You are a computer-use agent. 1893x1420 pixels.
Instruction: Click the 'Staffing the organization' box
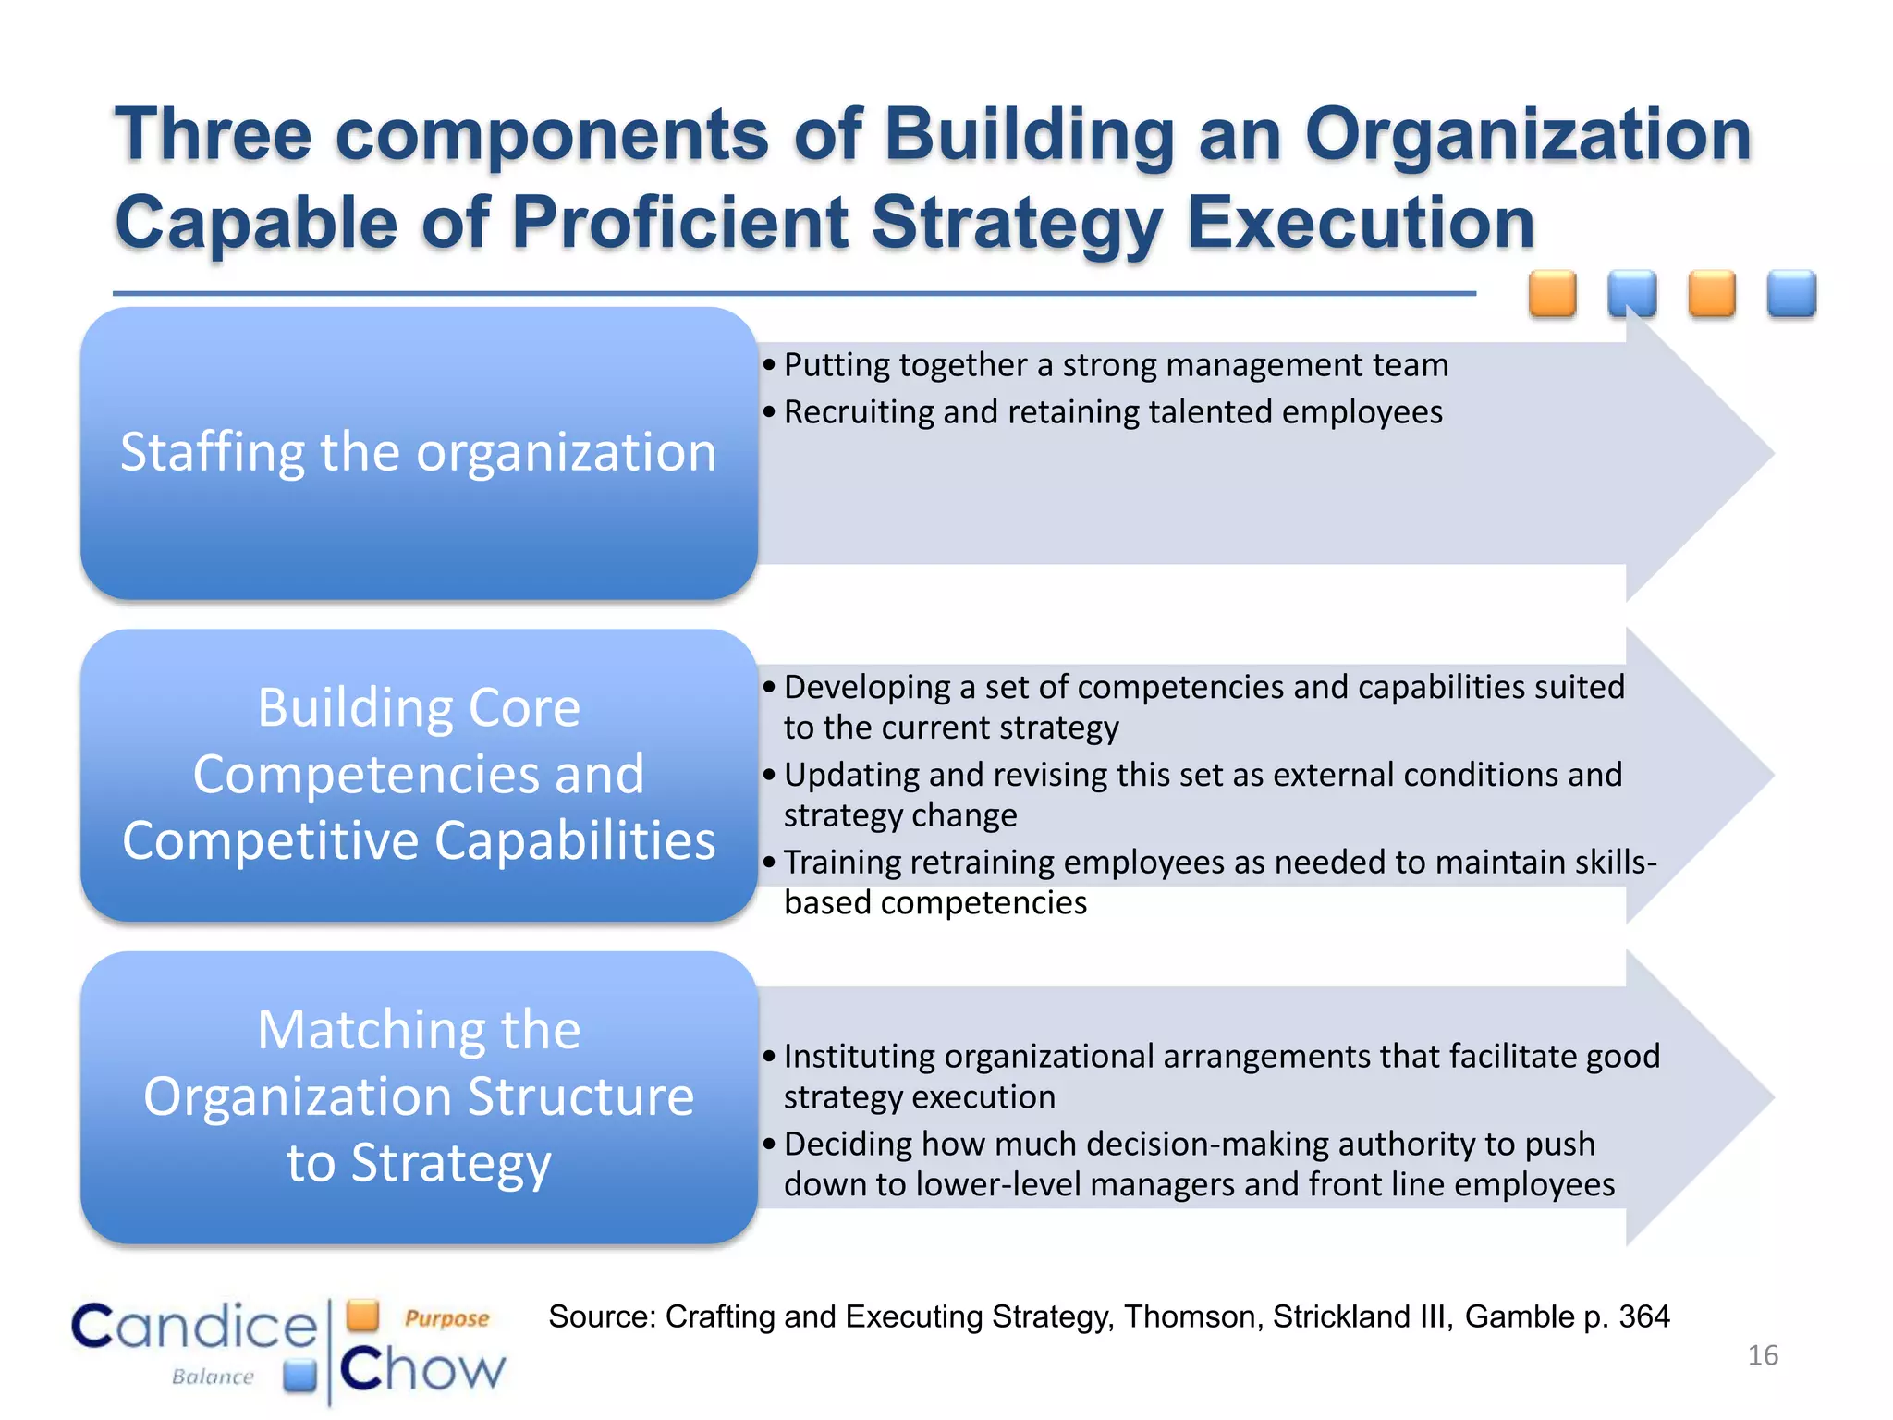click(x=419, y=453)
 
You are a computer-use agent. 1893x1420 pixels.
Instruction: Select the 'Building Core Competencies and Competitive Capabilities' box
click(x=419, y=775)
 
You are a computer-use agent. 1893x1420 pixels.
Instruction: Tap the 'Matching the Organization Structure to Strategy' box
click(x=419, y=1096)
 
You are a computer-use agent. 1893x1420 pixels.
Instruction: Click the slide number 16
click(x=1763, y=1355)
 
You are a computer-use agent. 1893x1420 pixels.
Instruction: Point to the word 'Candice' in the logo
click(x=195, y=1327)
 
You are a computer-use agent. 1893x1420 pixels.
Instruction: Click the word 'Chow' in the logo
click(x=422, y=1369)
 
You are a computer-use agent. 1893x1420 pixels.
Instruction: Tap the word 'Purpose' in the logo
click(x=446, y=1318)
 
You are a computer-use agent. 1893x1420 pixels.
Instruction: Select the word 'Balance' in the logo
click(x=213, y=1377)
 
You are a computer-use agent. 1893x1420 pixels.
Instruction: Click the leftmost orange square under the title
click(x=1552, y=294)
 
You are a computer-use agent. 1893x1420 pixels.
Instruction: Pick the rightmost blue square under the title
click(x=1791, y=294)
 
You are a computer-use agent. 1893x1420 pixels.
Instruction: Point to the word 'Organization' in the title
click(x=1528, y=135)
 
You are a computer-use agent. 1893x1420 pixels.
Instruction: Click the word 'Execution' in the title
click(x=1361, y=223)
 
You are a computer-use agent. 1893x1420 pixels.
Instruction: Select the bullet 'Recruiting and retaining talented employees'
click(x=1113, y=412)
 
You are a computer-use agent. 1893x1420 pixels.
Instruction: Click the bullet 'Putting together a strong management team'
click(x=1116, y=365)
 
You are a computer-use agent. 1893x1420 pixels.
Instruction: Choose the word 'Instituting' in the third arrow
click(x=859, y=1056)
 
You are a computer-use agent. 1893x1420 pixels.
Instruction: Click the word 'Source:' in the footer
click(x=602, y=1316)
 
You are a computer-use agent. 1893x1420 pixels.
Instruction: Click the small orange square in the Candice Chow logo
click(x=363, y=1315)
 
